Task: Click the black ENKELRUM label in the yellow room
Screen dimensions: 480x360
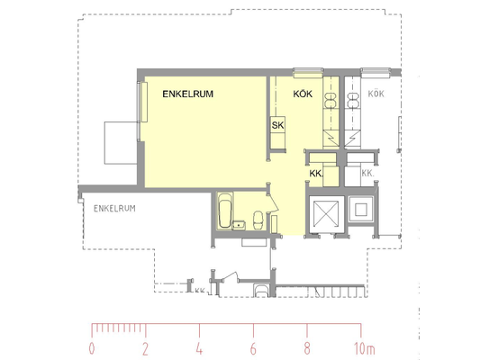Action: [x=187, y=94]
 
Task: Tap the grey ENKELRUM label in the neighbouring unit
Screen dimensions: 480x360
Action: [x=114, y=209]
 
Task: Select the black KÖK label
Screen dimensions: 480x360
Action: [x=303, y=94]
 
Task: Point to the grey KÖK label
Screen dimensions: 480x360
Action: [x=376, y=94]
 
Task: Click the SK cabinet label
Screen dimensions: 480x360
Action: [x=277, y=125]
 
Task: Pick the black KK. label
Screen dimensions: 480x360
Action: [x=316, y=174]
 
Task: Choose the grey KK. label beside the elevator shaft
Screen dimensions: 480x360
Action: [x=367, y=174]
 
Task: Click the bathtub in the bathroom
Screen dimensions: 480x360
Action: [x=225, y=210]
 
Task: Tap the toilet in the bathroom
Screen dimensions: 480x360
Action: [x=258, y=220]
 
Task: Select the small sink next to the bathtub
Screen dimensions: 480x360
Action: [x=239, y=225]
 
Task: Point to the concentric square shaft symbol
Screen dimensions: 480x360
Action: [x=361, y=210]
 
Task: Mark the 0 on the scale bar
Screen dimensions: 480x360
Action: [x=92, y=348]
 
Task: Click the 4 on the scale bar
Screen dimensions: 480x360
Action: [x=199, y=348]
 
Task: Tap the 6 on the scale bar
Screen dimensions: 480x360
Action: [x=253, y=348]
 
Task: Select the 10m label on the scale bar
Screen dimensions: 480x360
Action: [x=365, y=348]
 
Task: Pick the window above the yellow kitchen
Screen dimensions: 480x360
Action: [x=308, y=73]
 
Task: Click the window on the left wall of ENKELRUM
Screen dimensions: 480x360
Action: [x=142, y=102]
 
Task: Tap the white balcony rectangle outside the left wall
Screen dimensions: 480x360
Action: [x=121, y=143]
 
